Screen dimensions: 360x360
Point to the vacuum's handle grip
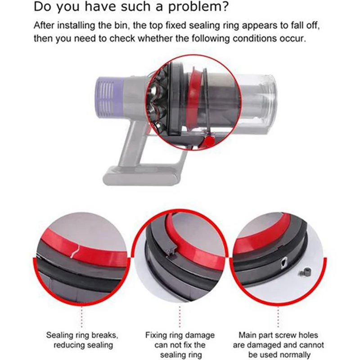[x=130, y=139]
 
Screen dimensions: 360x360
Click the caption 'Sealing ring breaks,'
[x=83, y=335]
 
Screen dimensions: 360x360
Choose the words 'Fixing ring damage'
[x=180, y=335]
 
